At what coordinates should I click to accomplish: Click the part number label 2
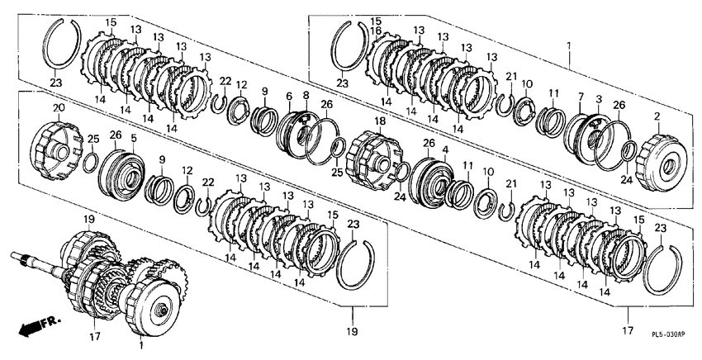(657, 116)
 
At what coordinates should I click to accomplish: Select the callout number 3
(599, 98)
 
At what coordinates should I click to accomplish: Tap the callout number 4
(445, 148)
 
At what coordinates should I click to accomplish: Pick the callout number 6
(289, 96)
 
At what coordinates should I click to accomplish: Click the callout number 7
(581, 97)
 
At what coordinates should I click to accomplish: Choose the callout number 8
(306, 95)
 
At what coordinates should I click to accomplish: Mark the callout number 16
(375, 31)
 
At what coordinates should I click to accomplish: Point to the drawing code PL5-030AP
(668, 334)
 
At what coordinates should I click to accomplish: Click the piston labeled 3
(593, 138)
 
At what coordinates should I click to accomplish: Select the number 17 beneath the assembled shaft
(95, 336)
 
